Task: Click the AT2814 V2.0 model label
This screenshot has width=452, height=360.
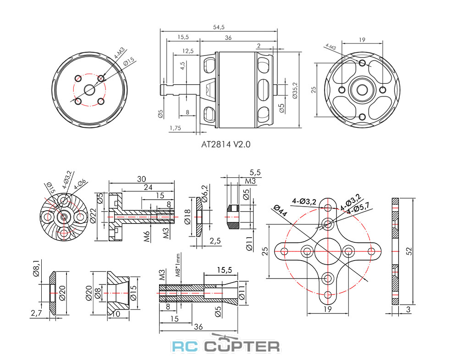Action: click(226, 144)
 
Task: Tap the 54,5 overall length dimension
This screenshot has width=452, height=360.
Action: click(219, 27)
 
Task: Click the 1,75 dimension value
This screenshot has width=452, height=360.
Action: click(175, 128)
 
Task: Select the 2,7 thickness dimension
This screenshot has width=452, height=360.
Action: click(36, 313)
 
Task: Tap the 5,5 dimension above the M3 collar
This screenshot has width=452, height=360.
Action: click(255, 173)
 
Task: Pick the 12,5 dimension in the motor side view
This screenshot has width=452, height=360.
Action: click(187, 50)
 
